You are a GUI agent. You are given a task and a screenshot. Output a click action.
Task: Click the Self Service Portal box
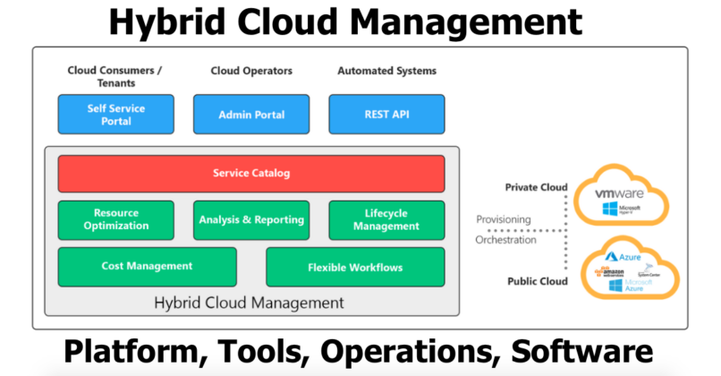pyautogui.click(x=115, y=115)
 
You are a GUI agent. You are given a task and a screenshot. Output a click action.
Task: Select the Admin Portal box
pyautogui.click(x=251, y=115)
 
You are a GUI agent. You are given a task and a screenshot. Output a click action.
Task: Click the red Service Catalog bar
pyautogui.click(x=251, y=173)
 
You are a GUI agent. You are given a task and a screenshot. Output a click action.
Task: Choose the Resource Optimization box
pyautogui.click(x=115, y=219)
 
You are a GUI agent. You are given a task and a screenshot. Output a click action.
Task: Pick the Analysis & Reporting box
pyautogui.click(x=251, y=219)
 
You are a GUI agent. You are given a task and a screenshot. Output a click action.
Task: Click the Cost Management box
pyautogui.click(x=147, y=266)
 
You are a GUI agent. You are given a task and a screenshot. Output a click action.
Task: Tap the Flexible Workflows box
pyautogui.click(x=355, y=267)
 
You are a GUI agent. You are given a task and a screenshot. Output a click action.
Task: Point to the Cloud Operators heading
pyautogui.click(x=251, y=71)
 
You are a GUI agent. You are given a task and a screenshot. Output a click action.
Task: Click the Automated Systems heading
pyautogui.click(x=386, y=71)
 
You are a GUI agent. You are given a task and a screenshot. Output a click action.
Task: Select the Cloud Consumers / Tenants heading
pyautogui.click(x=115, y=76)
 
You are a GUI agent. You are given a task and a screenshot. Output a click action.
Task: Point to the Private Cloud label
pyautogui.click(x=537, y=188)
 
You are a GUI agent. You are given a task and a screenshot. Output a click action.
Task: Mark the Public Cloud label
pyautogui.click(x=539, y=281)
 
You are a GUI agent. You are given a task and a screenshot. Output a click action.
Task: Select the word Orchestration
pyautogui.click(x=505, y=239)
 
